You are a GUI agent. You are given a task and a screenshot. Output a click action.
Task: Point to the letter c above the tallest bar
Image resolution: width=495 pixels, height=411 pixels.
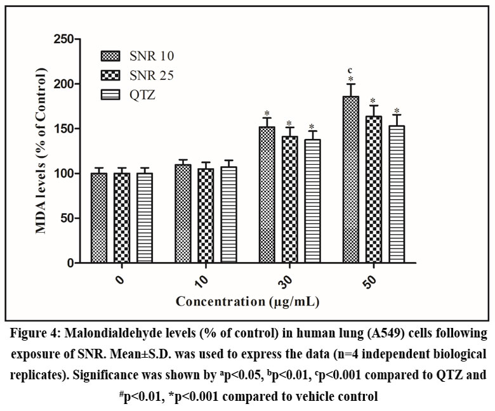coord(350,70)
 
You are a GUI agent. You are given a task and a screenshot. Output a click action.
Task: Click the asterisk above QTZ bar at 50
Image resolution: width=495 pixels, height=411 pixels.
coord(397,110)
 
